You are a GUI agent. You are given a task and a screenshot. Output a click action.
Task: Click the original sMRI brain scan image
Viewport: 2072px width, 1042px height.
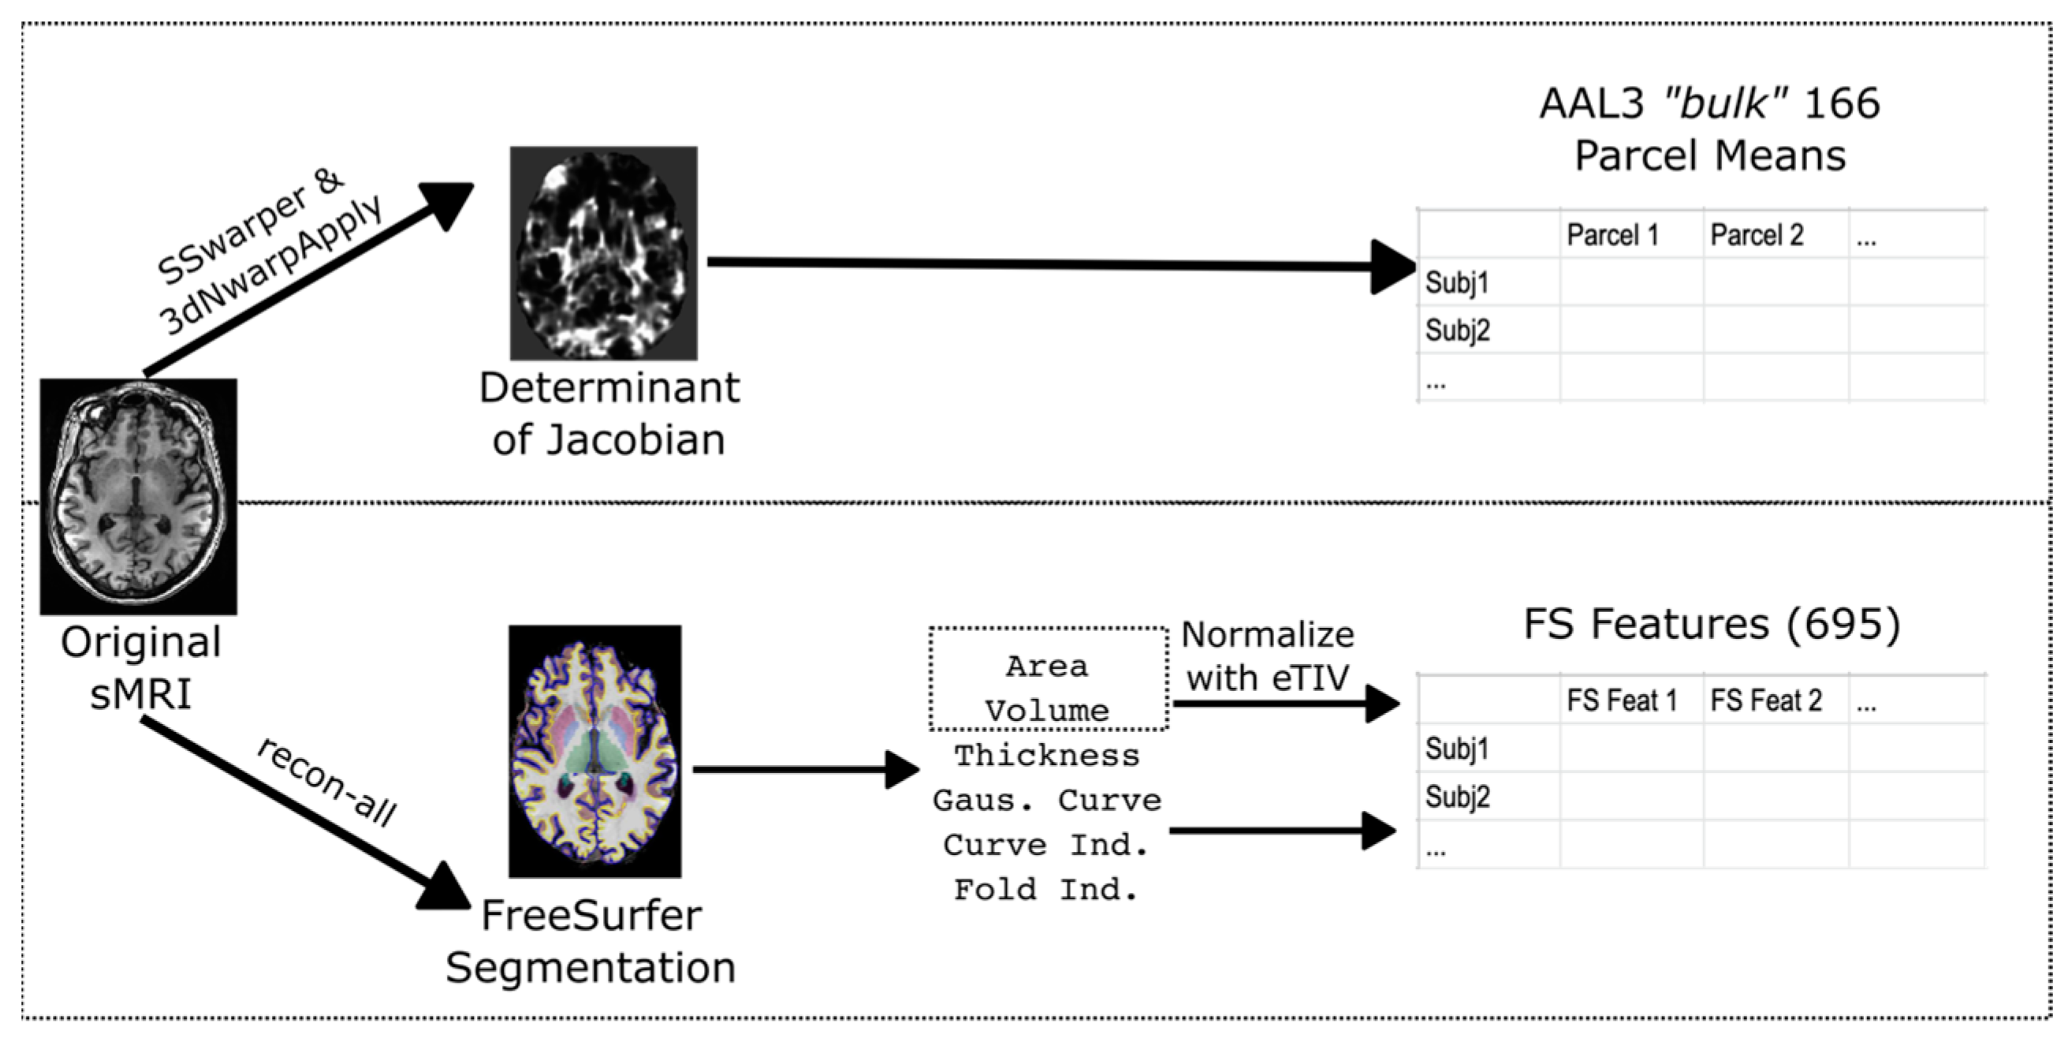pos(138,496)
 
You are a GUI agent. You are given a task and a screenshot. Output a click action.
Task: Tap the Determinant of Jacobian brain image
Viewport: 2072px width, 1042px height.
pos(603,252)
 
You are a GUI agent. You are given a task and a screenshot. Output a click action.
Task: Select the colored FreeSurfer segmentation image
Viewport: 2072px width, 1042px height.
pos(594,751)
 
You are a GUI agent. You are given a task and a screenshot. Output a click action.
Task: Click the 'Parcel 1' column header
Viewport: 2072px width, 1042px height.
pos(1612,236)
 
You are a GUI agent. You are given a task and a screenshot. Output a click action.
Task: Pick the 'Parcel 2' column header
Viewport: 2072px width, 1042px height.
pos(1756,236)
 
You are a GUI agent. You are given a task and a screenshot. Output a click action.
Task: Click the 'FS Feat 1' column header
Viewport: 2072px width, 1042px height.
pos(1621,700)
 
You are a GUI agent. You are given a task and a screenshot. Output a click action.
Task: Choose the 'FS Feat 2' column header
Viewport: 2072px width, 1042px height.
pos(1765,700)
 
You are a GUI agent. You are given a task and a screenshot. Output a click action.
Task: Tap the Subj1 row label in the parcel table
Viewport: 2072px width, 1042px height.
pos(1457,282)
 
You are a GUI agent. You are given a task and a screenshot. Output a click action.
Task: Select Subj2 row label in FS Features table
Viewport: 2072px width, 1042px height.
pos(1457,797)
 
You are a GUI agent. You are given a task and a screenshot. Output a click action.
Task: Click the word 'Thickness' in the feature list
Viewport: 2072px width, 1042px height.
pos(1046,756)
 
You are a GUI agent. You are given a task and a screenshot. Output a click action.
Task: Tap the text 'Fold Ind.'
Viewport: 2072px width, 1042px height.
pos(1045,889)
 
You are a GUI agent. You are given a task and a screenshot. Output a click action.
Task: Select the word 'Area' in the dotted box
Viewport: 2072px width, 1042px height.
pos(1046,667)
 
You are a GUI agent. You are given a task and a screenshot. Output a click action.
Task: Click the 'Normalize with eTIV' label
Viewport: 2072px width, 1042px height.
pos(1267,655)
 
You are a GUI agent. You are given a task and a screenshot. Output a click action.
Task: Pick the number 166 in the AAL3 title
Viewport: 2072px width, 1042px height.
pos(1841,104)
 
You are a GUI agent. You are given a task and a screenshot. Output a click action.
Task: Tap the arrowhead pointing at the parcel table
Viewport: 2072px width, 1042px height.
pos(1392,267)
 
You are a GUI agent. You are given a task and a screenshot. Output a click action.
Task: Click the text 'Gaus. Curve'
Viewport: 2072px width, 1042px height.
pos(1046,800)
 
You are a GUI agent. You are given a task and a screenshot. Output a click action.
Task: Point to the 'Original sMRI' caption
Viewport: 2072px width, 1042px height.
pos(141,668)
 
